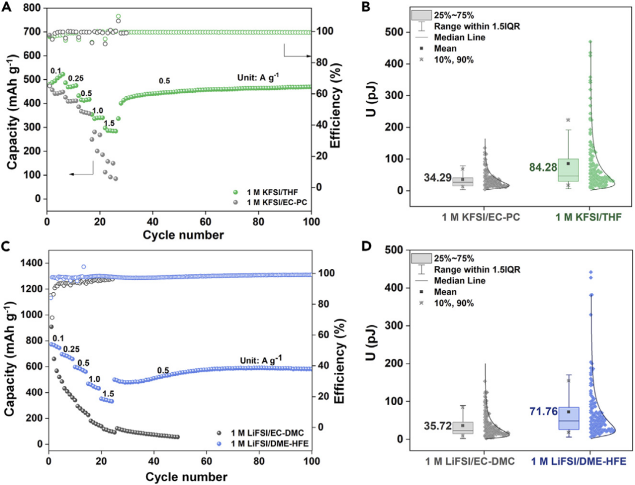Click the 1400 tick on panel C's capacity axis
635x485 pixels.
(x=33, y=262)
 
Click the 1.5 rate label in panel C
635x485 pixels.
(x=108, y=394)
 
